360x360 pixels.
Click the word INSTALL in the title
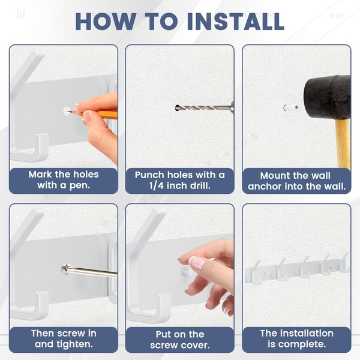click(236, 22)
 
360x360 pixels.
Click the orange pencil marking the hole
click(94, 114)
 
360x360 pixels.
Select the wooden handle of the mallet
click(343, 143)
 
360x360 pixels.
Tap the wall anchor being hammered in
click(290, 107)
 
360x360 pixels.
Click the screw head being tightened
click(66, 269)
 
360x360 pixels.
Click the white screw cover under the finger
click(186, 271)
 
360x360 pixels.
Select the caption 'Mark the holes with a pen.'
click(64, 180)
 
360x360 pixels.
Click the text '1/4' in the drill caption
click(157, 186)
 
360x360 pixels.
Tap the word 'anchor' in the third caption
click(265, 186)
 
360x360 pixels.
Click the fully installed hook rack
click(298, 269)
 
